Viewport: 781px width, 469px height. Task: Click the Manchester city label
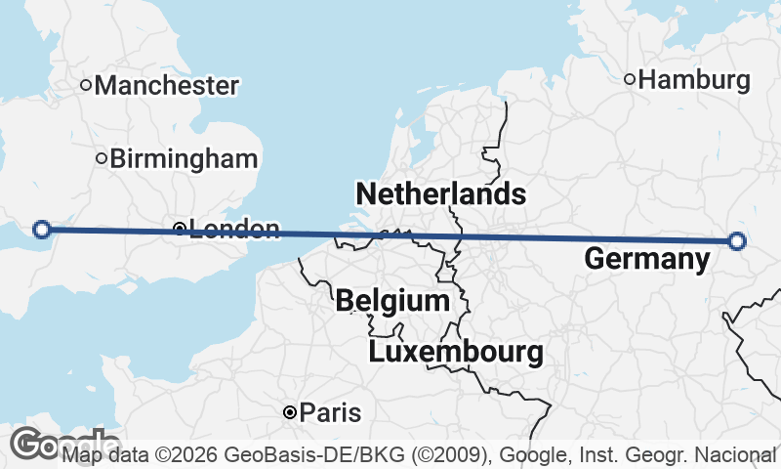point(166,86)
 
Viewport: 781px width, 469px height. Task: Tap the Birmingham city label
point(185,159)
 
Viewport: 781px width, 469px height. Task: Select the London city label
point(234,230)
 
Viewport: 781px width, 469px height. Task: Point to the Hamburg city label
point(694,80)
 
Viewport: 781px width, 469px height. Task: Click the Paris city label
point(330,413)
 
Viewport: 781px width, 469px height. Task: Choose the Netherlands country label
point(441,193)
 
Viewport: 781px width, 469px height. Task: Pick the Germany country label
point(646,260)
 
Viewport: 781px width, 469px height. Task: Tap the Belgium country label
point(392,301)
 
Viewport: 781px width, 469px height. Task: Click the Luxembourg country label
point(455,353)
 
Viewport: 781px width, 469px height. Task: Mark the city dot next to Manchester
point(86,86)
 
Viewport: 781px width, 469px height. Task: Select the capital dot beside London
point(180,230)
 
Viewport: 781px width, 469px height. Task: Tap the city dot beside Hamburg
point(631,80)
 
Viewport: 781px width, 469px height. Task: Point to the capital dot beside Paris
point(290,413)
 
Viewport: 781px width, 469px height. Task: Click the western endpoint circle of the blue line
point(42,230)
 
